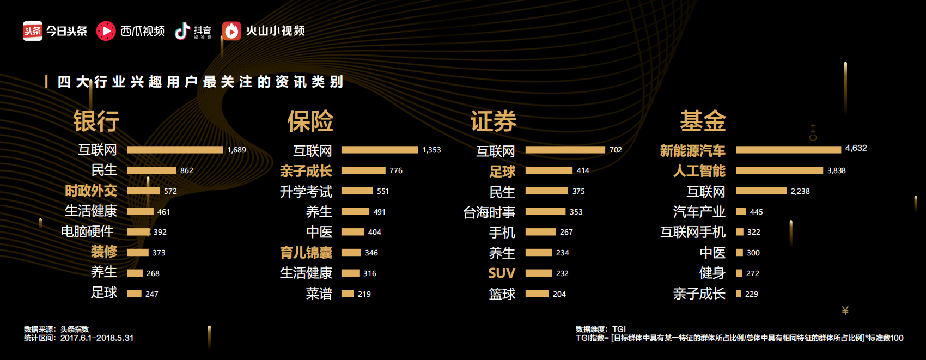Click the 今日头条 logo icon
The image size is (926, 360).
[33, 31]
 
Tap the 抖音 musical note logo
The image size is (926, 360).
[182, 31]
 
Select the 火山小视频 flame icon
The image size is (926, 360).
[231, 31]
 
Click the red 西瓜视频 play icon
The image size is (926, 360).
[106, 31]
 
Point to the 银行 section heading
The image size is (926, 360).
[96, 121]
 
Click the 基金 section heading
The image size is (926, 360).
[703, 121]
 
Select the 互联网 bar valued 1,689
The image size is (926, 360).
[175, 150]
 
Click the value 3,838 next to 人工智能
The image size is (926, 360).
[836, 170]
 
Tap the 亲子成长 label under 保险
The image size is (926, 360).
[306, 171]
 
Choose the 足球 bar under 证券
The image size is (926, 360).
[549, 170]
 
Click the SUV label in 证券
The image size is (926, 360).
[501, 273]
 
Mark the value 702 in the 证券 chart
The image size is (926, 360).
[616, 150]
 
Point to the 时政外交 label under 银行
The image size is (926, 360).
[90, 191]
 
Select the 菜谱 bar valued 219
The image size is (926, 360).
[348, 294]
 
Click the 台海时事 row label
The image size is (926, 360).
[489, 212]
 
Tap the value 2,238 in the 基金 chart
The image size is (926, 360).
[800, 191]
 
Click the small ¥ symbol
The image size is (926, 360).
[845, 310]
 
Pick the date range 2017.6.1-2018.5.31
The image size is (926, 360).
[96, 338]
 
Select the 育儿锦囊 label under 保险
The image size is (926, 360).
[306, 253]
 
